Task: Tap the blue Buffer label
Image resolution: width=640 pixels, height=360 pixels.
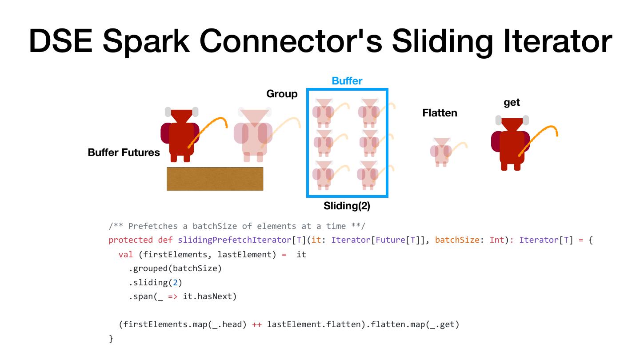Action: [x=347, y=81]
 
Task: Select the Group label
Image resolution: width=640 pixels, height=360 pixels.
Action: [x=282, y=94]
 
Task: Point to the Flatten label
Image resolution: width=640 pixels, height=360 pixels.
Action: [x=440, y=113]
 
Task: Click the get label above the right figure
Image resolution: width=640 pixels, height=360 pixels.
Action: [x=512, y=102]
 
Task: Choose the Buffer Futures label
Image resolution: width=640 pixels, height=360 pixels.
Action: [x=124, y=152]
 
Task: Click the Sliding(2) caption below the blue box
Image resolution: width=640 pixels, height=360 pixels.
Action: [x=347, y=206]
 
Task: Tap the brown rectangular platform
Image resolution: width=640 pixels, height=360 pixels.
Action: [x=215, y=179]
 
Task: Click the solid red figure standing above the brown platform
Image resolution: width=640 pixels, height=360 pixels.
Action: [x=181, y=135]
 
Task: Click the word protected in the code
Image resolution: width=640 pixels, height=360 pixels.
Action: [x=131, y=240]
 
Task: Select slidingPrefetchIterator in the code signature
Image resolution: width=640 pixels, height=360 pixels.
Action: [x=234, y=240]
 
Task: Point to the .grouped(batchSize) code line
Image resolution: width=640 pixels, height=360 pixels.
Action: [x=175, y=268]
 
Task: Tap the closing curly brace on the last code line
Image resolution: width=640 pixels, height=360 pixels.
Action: [x=111, y=339]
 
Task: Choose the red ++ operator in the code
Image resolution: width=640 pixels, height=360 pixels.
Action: [x=257, y=324]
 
